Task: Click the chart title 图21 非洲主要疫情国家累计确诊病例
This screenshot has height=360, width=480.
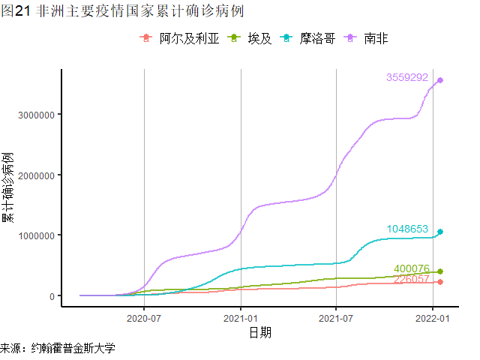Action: (x=123, y=11)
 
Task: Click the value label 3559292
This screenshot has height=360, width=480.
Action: (x=407, y=78)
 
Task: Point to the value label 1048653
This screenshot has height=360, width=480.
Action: (x=407, y=229)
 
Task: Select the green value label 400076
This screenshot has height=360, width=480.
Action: (x=412, y=268)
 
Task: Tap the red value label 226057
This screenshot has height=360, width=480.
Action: (x=412, y=280)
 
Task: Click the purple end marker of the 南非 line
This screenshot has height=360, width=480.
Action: (x=440, y=80)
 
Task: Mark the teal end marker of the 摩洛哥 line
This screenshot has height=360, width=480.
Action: (x=440, y=232)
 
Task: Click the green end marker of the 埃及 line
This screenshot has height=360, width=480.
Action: (x=440, y=271)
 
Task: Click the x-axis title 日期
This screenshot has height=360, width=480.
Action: (x=260, y=331)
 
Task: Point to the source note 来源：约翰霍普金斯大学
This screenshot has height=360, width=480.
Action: (x=58, y=349)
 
